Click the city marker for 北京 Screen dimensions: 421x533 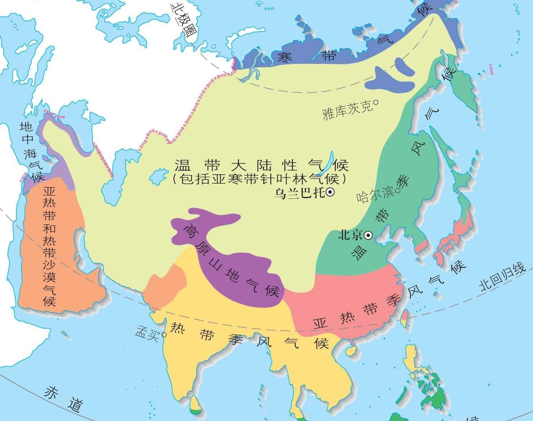tap(368, 235)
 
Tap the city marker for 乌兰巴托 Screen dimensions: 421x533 tap(330, 192)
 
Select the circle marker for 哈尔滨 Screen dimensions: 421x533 tap(398, 191)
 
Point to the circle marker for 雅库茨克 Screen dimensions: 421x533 tap(375, 102)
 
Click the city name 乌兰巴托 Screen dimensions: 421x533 tap(299, 193)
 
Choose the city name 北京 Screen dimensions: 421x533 tap(350, 235)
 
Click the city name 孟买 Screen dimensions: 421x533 tap(147, 332)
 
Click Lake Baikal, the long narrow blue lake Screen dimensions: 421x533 tap(328, 163)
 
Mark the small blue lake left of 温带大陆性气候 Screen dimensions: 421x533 tap(159, 175)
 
